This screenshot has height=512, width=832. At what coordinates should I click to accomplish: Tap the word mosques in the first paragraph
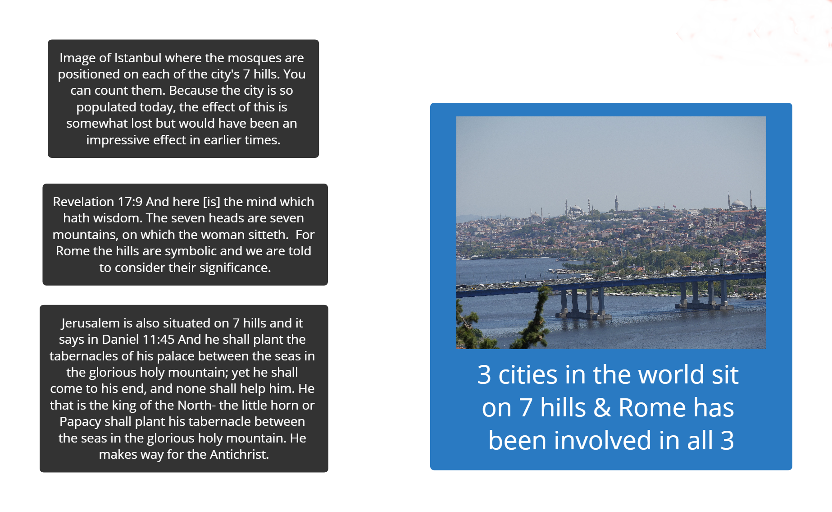(252, 58)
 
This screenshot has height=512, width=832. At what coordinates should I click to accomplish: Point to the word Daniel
(120, 339)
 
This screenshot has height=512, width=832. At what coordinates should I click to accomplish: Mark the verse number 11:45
(159, 339)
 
